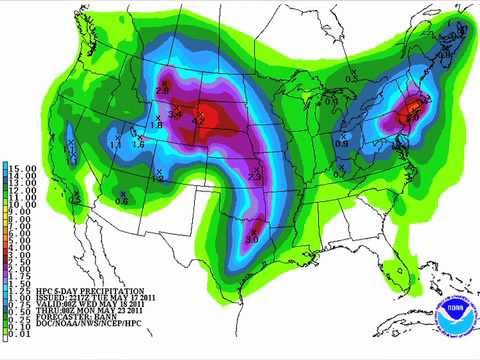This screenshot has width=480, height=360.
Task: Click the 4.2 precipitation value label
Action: tap(198, 120)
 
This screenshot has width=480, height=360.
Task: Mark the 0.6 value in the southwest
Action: tap(122, 201)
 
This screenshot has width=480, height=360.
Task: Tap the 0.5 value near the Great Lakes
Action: tap(350, 78)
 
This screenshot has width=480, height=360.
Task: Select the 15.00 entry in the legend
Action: tap(21, 165)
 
